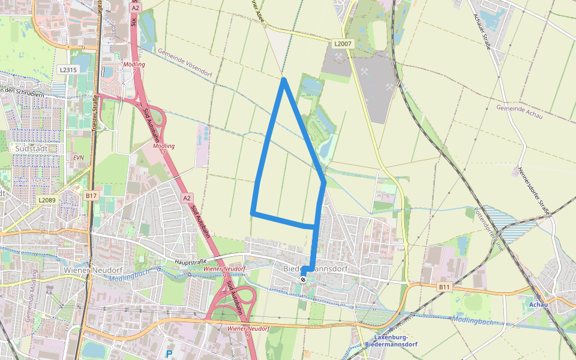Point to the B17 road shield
(91, 196)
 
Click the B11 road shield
(444, 287)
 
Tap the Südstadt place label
(32, 148)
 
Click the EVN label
(78, 157)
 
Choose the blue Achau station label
(538, 305)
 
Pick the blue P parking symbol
(169, 354)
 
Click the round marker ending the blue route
(304, 279)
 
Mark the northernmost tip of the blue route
(284, 79)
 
